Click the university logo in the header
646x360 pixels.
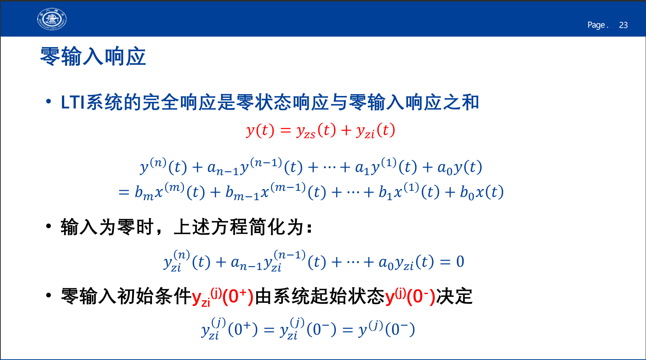pos(52,19)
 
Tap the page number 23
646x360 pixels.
pos(623,25)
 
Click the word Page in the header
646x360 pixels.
pos(596,25)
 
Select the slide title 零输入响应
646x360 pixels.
pos(93,57)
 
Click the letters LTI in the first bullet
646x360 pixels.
pos(73,102)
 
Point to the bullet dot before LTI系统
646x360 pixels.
pos(48,101)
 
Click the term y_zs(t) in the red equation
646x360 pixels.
pos(316,131)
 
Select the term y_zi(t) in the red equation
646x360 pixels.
pos(375,131)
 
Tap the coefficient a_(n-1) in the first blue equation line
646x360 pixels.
pos(223,168)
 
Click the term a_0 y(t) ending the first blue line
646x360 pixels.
pos(460,168)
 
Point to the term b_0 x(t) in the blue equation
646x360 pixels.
pos(482,193)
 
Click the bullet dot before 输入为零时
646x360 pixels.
pos(48,226)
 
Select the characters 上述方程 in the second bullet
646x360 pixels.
pos(211,227)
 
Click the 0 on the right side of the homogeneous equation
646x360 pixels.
pos(460,261)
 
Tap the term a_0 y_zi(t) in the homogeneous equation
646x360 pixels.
pos(406,262)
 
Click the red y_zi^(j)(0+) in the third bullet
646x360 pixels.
pos(223,297)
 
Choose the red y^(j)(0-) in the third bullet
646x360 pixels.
pos(410,297)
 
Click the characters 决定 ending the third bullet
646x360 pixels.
pos(454,297)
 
